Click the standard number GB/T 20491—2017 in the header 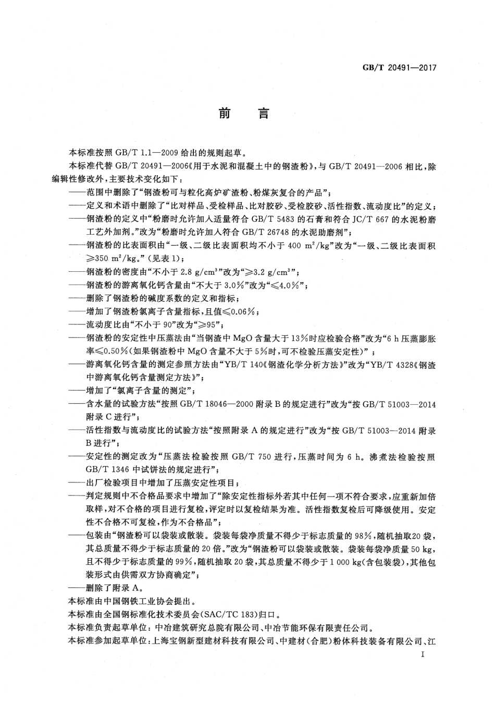tap(398, 67)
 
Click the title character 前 tap(224, 113)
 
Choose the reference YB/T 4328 tap(382, 364)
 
